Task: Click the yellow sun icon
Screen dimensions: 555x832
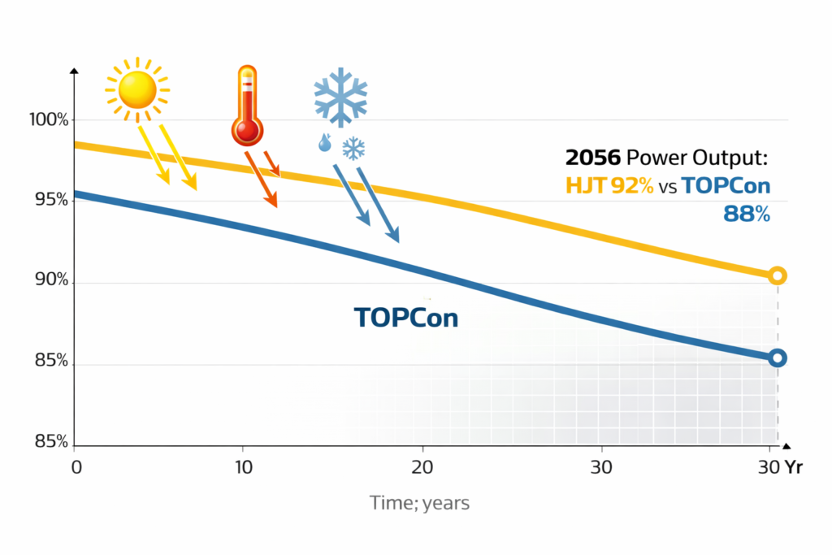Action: coord(136,89)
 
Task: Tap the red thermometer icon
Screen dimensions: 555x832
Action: coord(246,106)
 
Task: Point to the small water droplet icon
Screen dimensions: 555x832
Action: coord(325,144)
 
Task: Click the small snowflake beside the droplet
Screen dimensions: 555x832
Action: coord(353,148)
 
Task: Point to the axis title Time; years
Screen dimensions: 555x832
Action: coord(419,503)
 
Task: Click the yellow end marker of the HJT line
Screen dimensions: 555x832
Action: coord(777,276)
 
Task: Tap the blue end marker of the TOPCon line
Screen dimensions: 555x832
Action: coord(777,358)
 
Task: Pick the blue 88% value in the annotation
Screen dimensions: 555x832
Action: coord(745,214)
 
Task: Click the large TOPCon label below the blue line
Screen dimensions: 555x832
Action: coord(406,317)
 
